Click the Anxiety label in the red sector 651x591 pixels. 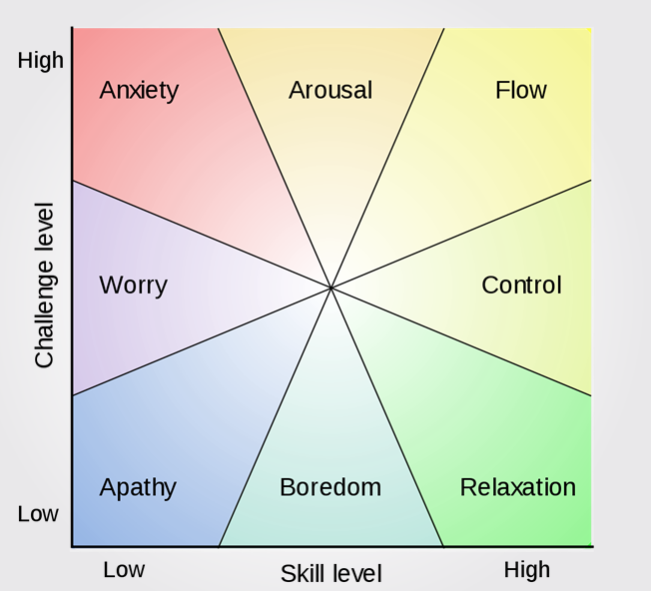139,90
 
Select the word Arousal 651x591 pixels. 330,90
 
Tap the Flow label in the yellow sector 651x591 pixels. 520,90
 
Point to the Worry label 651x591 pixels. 133,286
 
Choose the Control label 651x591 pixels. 521,286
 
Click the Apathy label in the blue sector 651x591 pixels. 138,488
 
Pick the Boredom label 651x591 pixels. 330,487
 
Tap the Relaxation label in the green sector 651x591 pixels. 517,487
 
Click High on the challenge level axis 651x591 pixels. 41,61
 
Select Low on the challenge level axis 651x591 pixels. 38,514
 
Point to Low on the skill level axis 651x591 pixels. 124,570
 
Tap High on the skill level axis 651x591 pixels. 526,570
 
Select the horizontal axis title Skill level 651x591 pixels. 330,574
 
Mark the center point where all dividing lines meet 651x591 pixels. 331,288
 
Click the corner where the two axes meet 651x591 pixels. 73,546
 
